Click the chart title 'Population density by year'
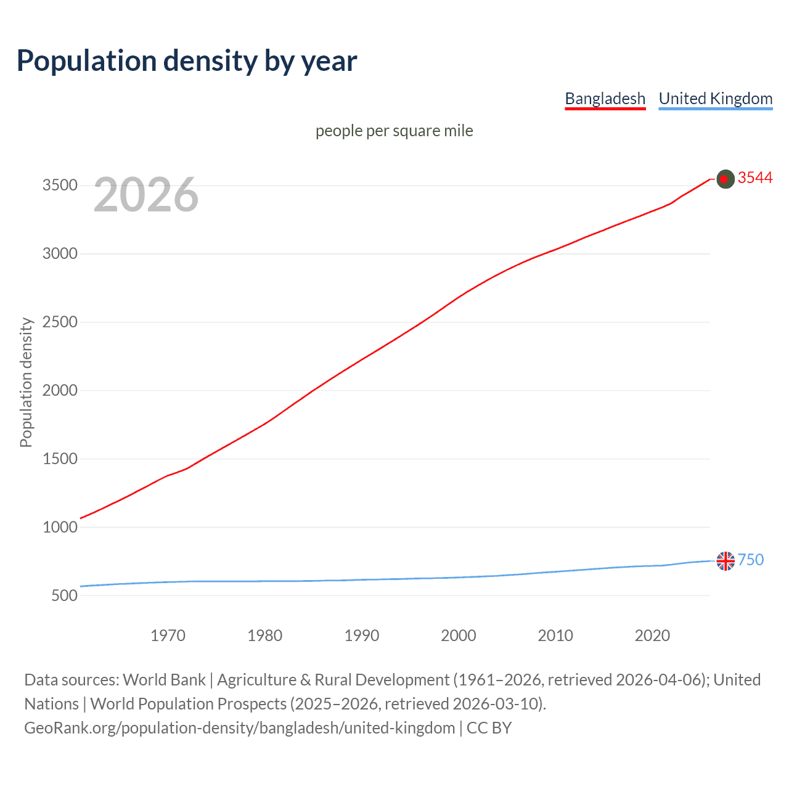(187, 61)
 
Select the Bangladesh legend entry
(605, 99)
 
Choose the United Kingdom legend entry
(715, 99)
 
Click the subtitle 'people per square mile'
(394, 131)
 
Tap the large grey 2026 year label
(146, 195)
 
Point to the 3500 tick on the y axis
(60, 186)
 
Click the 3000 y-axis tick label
(60, 254)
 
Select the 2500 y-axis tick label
(60, 322)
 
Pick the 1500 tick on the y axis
(60, 459)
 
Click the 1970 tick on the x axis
(168, 636)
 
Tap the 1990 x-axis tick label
(362, 636)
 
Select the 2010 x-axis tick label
(555, 636)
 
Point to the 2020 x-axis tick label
(652, 636)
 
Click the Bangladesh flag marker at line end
(726, 179)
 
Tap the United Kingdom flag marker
(726, 561)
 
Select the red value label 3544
(755, 178)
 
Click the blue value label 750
(751, 560)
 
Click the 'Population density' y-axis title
(26, 382)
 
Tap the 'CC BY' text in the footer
(489, 728)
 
